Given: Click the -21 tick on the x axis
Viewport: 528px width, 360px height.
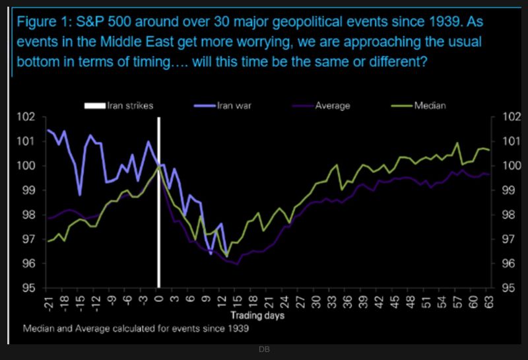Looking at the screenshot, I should (48, 302).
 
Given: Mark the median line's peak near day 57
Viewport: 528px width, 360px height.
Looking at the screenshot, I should (457, 143).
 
